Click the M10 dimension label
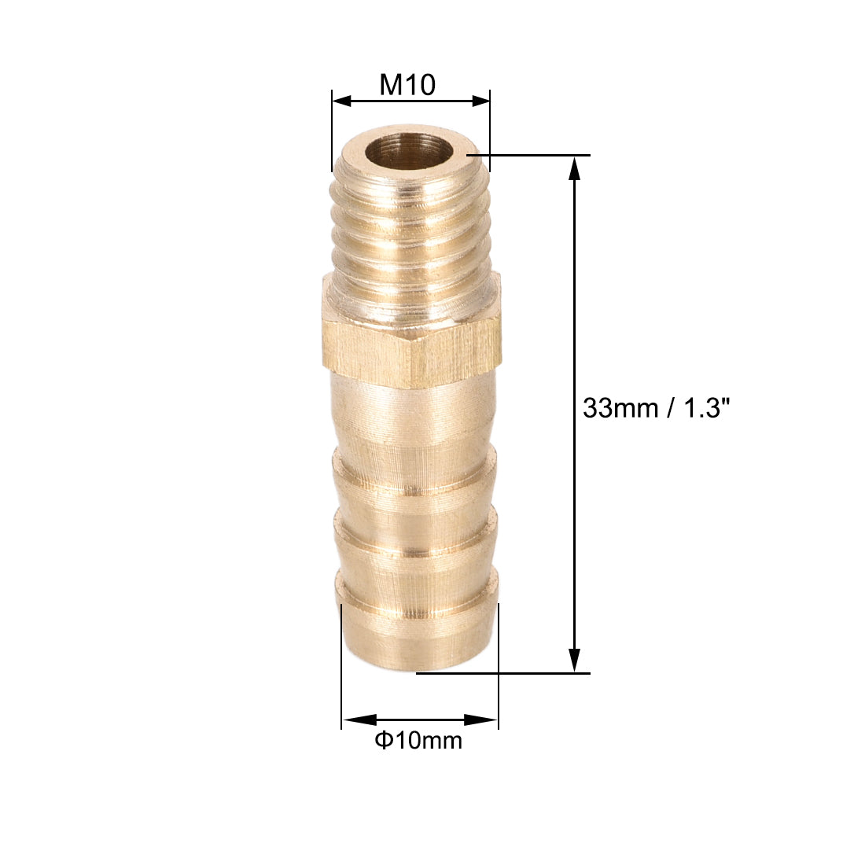(407, 84)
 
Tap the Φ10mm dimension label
(418, 740)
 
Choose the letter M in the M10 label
(391, 84)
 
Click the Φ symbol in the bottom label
(383, 740)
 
